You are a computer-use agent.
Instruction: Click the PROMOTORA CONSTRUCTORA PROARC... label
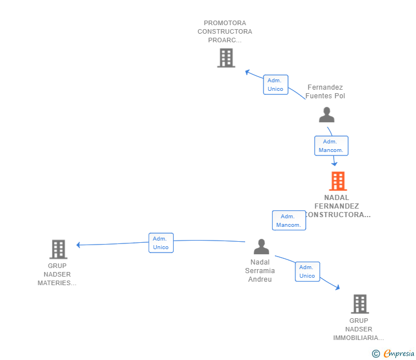pos(225,31)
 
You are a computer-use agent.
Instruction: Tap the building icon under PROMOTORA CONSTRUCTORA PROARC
pos(226,58)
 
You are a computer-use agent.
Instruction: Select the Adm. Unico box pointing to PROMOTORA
pos(275,85)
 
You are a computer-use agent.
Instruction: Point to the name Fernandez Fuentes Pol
pos(325,91)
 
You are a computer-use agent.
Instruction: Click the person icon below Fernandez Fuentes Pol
pos(327,115)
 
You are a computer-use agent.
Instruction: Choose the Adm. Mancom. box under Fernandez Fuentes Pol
pos(331,146)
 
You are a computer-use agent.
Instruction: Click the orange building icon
pos(338,181)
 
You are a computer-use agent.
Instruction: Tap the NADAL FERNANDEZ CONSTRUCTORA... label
pos(337,206)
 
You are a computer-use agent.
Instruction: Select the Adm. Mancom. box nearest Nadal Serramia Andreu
pos(289,221)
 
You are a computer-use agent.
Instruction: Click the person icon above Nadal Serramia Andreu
pos(261,247)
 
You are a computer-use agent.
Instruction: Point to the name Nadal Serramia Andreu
pos(260,271)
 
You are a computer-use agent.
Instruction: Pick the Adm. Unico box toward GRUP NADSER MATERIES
pos(161,243)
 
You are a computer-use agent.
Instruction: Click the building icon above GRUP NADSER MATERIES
pos(58,249)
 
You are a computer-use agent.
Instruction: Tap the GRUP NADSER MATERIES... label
pos(57,274)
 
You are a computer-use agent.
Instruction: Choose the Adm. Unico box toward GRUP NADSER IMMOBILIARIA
pos(307,271)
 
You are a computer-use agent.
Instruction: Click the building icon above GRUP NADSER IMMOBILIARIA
pos(360,304)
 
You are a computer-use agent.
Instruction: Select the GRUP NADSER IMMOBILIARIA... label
pos(358,329)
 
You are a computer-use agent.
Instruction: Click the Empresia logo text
pos(399,353)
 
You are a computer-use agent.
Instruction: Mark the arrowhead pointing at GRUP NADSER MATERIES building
pos(78,245)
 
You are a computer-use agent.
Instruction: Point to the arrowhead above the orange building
pos(334,164)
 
